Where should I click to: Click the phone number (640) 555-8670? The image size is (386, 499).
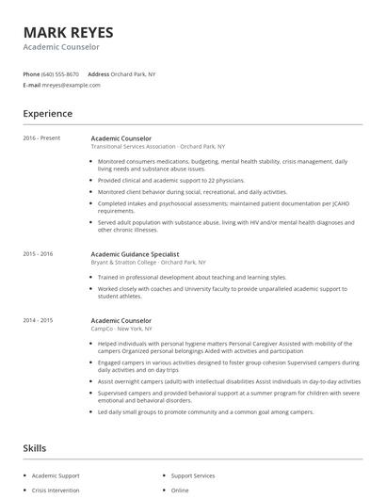(x=61, y=73)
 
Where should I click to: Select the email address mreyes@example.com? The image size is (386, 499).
(x=72, y=85)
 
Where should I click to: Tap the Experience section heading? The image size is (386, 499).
(x=47, y=114)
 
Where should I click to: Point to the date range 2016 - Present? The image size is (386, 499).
(x=41, y=139)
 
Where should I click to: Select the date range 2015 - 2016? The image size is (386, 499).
(x=39, y=254)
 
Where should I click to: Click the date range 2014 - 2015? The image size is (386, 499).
(x=39, y=320)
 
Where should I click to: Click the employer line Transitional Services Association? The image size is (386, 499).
(x=134, y=148)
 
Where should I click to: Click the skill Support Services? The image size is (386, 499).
(x=193, y=476)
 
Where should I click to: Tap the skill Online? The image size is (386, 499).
(x=180, y=491)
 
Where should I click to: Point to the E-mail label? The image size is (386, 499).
(x=31, y=85)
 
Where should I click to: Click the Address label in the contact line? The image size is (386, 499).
(x=98, y=73)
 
